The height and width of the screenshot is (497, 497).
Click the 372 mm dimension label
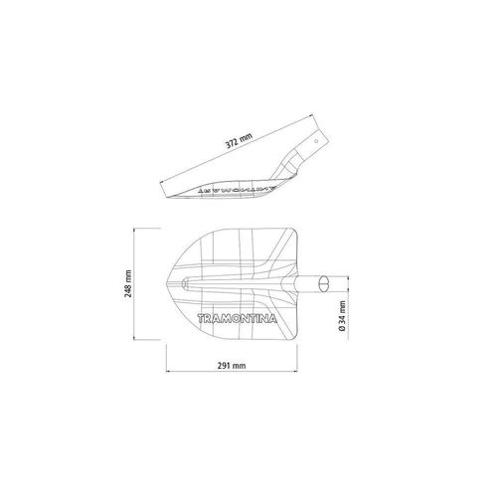[x=239, y=140]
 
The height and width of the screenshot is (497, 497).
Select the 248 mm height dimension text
[x=128, y=283]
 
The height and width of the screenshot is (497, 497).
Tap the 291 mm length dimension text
[x=232, y=366]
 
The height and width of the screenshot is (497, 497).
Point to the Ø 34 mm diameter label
[x=342, y=316]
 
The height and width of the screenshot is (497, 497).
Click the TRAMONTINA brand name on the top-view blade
[x=237, y=319]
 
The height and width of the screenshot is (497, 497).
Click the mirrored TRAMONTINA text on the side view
[x=237, y=189]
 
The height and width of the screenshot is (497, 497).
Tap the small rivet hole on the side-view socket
[x=316, y=141]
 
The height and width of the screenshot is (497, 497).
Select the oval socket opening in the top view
[x=323, y=284]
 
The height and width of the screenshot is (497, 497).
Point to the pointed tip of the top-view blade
[x=166, y=284]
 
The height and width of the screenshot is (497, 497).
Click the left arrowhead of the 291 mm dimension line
[x=167, y=372]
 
